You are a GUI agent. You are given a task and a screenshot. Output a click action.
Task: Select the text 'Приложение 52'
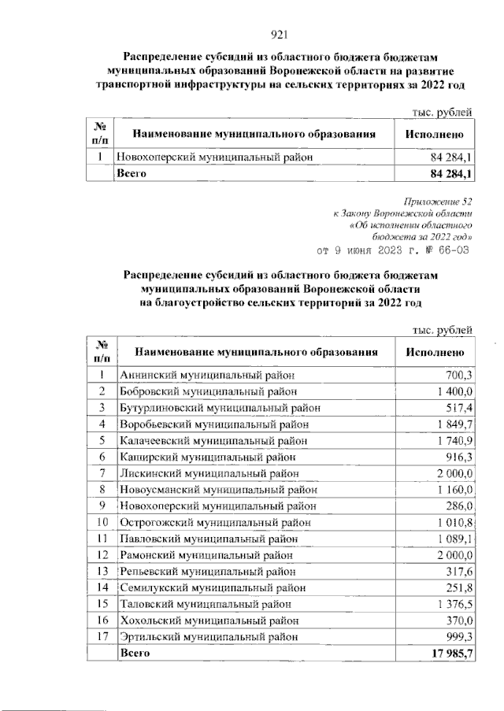point(442,202)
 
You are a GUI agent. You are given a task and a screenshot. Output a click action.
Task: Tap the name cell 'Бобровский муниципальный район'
point(208,391)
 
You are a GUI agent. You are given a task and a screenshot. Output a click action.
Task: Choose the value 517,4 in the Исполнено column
point(458,407)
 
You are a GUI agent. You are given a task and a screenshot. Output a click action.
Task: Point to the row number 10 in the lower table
point(102,522)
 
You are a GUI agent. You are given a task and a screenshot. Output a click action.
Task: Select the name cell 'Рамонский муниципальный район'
point(207,555)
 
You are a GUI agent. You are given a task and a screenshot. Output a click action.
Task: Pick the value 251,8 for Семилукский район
point(458,587)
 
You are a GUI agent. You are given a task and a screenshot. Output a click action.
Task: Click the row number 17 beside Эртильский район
point(102,637)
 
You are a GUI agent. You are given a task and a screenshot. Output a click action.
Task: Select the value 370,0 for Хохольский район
point(458,620)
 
